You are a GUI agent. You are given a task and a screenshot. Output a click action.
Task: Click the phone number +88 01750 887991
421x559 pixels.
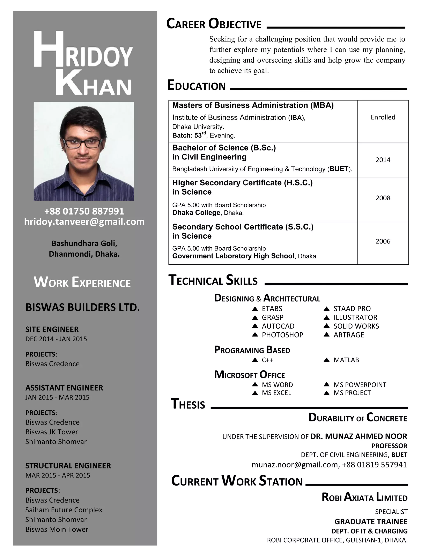[x=84, y=211]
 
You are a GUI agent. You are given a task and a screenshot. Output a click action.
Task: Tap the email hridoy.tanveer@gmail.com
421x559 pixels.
[x=84, y=222]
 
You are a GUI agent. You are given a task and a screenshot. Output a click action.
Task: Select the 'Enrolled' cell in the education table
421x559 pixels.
[x=383, y=117]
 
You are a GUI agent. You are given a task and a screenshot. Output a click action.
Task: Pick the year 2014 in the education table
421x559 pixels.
[x=383, y=160]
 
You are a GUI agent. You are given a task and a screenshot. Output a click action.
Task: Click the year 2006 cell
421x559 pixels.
[x=383, y=241]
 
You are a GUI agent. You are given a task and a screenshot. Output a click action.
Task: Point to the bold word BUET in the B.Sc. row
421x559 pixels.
[x=339, y=169]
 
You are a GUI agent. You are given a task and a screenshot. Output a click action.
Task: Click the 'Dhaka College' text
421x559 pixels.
[x=196, y=213]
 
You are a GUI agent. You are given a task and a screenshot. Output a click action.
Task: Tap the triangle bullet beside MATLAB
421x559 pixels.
[x=326, y=360]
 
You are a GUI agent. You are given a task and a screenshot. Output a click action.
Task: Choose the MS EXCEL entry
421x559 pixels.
[x=276, y=393]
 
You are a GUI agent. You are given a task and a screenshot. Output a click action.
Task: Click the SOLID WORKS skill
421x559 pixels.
[x=356, y=326]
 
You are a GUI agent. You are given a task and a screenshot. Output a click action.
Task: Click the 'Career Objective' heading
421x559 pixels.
[x=214, y=24]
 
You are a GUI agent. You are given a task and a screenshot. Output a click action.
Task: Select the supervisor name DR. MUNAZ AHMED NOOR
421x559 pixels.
[x=359, y=436]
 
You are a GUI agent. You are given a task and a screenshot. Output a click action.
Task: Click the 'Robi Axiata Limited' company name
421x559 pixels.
[x=364, y=498]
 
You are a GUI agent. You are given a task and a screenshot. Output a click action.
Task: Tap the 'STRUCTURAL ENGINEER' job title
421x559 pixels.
[x=68, y=466]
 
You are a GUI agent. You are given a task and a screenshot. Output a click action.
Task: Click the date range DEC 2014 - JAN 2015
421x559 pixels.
[x=56, y=339]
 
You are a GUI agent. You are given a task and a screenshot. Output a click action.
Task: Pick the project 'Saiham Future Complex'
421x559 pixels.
[x=64, y=510]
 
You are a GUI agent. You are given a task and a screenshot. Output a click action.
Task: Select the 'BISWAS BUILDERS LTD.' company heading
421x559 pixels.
[x=82, y=308]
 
